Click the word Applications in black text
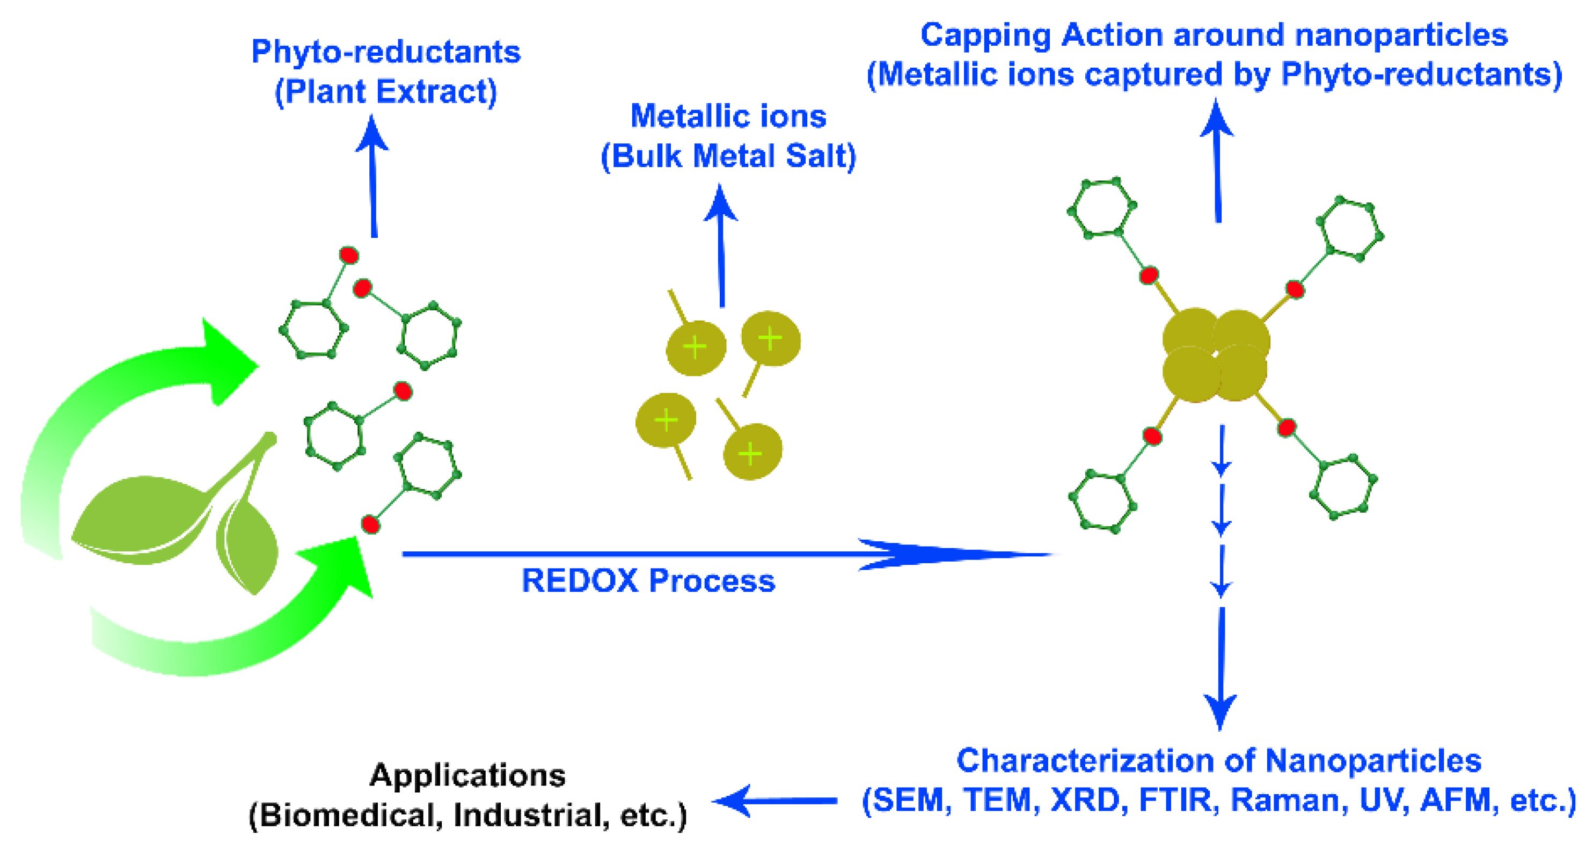coord(467,775)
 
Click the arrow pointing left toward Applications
coord(773,801)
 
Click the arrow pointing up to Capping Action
coord(1217,161)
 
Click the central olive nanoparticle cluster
coord(1215,355)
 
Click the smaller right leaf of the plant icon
coord(247,544)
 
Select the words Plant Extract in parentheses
coord(385,91)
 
